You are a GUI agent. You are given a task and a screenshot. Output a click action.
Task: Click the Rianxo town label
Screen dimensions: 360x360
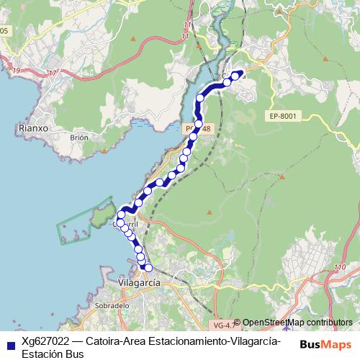click(31, 130)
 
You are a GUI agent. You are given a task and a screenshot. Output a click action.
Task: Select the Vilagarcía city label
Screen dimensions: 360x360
click(138, 283)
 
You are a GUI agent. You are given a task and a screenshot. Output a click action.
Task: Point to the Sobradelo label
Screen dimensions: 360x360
click(111, 305)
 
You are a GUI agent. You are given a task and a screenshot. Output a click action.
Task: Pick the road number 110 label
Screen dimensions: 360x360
click(340, 269)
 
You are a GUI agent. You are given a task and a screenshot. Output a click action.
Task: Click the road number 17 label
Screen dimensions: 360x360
click(53, 73)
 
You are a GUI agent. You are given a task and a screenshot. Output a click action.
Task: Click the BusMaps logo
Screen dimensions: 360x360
click(325, 343)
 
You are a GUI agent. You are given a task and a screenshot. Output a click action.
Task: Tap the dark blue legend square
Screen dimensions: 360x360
click(8, 343)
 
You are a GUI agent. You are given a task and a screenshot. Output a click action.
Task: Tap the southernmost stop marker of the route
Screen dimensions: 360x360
click(149, 268)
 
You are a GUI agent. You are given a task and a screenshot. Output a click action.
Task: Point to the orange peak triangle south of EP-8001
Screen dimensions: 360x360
click(209, 212)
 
